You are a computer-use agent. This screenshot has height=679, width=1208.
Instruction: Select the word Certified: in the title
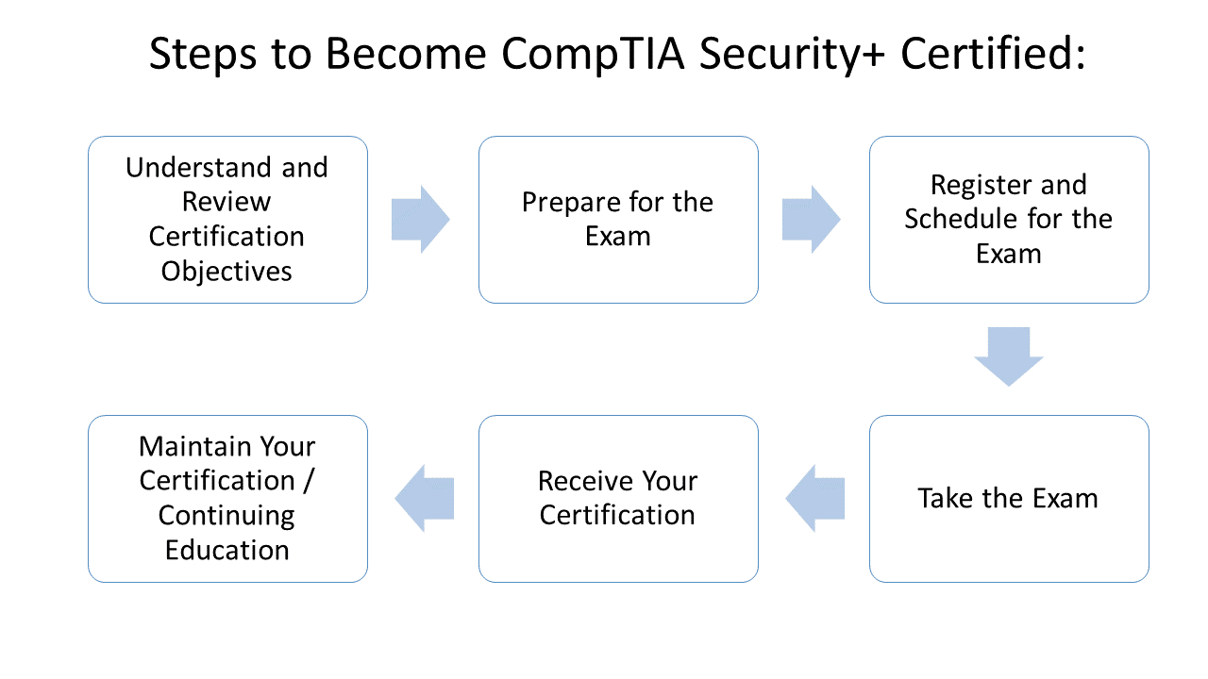click(x=994, y=55)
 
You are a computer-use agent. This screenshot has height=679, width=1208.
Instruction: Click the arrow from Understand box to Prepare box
click(x=421, y=220)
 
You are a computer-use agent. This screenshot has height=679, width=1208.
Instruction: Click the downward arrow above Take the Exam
click(x=1009, y=356)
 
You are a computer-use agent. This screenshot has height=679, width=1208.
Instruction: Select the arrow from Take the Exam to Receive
click(x=814, y=498)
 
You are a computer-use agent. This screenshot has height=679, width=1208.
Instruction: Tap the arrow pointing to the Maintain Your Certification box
click(x=424, y=498)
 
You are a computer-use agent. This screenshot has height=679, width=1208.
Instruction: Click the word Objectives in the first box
click(x=226, y=271)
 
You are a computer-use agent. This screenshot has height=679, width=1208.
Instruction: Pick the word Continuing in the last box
click(x=226, y=515)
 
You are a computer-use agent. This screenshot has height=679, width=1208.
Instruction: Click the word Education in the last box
click(x=226, y=550)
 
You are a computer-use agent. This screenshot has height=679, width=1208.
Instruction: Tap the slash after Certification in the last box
click(x=309, y=481)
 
